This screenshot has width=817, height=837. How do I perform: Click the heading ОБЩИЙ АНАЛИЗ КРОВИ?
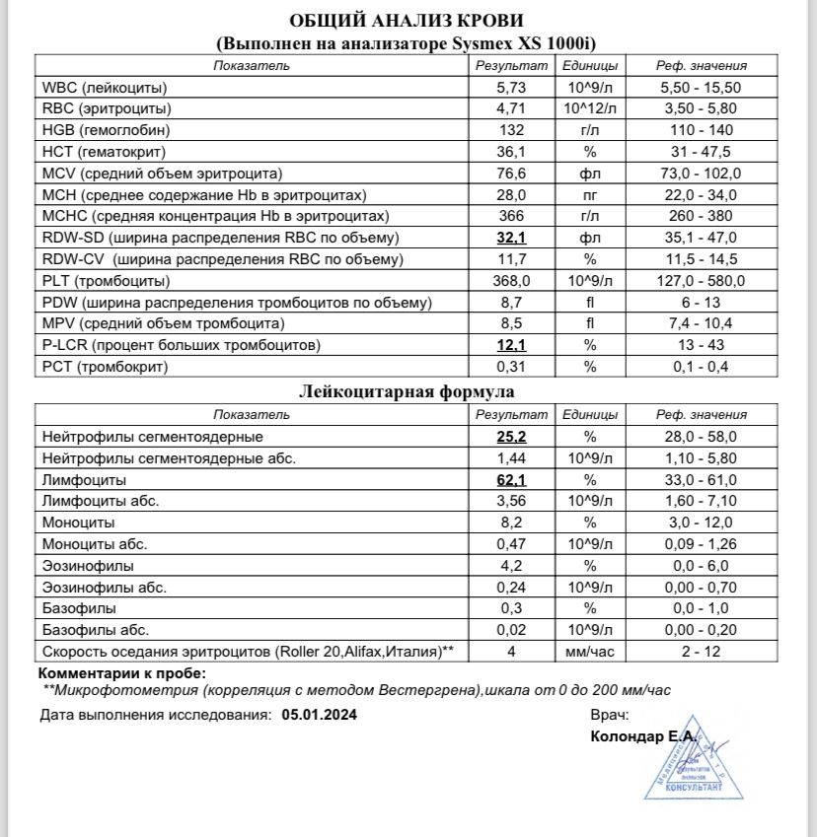click(x=407, y=21)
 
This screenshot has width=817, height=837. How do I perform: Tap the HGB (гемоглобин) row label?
click(x=106, y=130)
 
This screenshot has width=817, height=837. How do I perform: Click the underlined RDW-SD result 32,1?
click(x=510, y=239)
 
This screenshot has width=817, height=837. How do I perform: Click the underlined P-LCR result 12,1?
click(x=510, y=346)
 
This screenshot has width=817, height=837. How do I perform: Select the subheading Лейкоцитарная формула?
click(x=407, y=391)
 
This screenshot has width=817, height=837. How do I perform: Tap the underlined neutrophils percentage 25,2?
click(x=510, y=437)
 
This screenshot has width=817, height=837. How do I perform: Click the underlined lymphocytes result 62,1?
click(x=510, y=480)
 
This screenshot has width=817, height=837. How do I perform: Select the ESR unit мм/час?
click(x=590, y=652)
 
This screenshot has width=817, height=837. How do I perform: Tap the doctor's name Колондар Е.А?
click(x=642, y=736)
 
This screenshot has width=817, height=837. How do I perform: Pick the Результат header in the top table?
click(x=510, y=66)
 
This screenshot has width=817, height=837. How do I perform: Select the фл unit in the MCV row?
click(x=590, y=174)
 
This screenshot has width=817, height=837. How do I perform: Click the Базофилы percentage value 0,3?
click(x=510, y=608)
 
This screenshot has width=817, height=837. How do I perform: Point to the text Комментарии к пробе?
click(x=121, y=673)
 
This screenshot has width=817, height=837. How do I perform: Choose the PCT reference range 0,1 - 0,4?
click(x=702, y=368)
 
